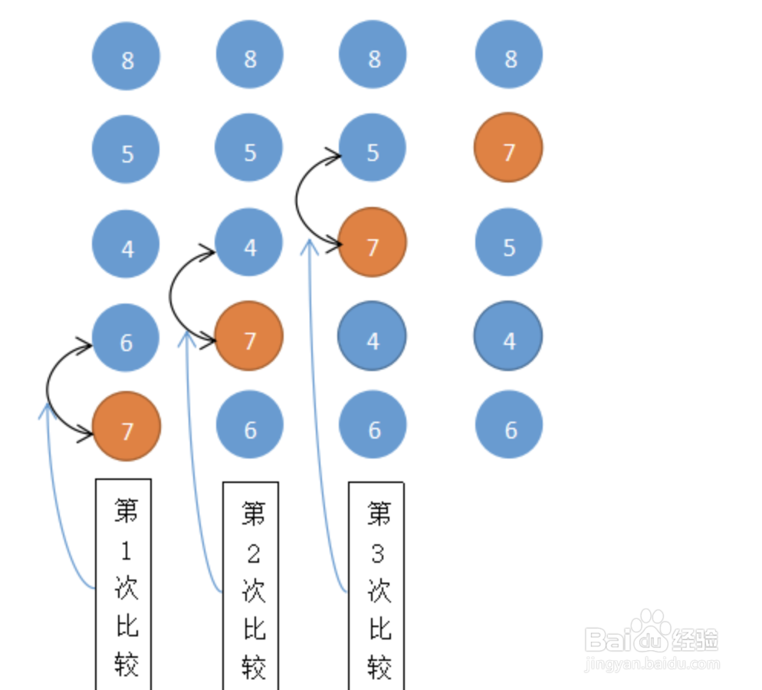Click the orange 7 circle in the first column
click(126, 426)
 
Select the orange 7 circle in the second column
click(249, 336)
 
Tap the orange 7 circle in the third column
click(373, 242)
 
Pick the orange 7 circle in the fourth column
click(508, 147)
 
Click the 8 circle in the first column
click(126, 56)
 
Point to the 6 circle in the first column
click(126, 337)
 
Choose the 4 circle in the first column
click(126, 244)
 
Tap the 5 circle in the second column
click(248, 147)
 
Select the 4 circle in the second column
click(248, 242)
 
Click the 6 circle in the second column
click(250, 424)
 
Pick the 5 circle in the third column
click(373, 147)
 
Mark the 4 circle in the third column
click(373, 336)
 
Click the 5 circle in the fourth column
click(508, 242)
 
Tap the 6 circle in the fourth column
click(509, 424)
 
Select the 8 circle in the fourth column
click(509, 54)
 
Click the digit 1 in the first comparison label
click(126, 551)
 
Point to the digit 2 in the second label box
click(253, 554)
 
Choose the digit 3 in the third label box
click(378, 554)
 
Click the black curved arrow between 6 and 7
click(47, 389)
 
